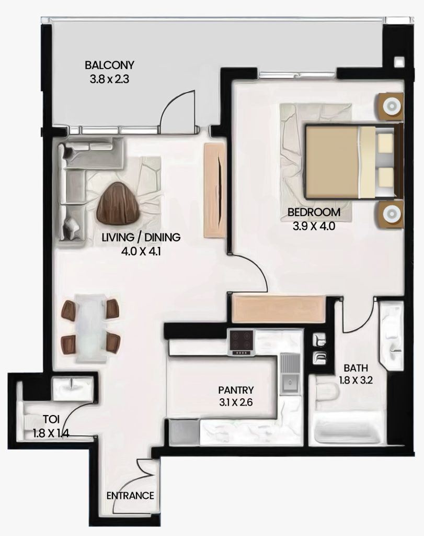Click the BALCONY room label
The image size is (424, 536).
(109, 64)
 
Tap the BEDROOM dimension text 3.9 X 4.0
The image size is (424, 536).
(314, 226)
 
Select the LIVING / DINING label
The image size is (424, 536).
(141, 237)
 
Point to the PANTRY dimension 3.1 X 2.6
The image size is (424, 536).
(236, 403)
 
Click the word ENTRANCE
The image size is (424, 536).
(130, 496)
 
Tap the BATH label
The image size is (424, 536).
(356, 368)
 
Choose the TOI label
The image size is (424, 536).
(51, 419)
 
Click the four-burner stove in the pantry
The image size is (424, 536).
(242, 342)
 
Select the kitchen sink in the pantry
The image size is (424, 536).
(290, 374)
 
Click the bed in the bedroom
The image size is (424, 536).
(353, 162)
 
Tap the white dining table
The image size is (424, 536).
(91, 327)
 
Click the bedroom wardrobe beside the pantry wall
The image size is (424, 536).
(278, 309)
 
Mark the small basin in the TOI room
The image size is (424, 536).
(72, 389)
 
